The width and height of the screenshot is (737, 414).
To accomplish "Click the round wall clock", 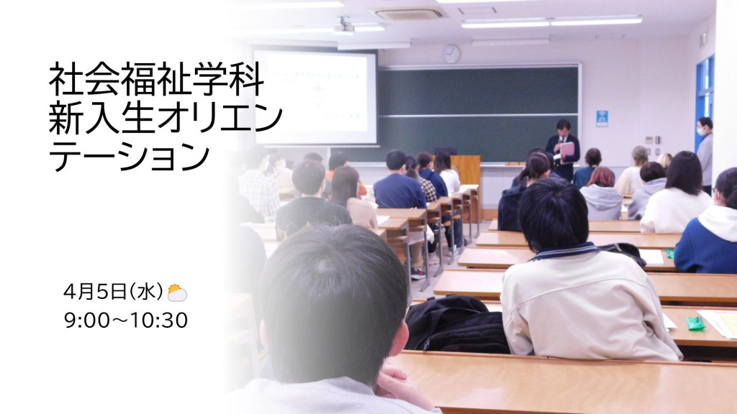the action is (451, 54).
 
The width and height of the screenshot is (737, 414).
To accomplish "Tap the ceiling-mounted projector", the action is (345, 26).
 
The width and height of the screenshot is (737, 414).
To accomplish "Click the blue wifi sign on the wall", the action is (602, 119).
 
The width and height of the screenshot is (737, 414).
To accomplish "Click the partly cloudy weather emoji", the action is (177, 293).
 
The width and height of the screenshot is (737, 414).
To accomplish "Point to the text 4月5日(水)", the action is (113, 292).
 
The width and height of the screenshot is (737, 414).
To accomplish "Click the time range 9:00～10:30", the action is (125, 320).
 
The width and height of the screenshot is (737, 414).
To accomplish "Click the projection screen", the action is (315, 97).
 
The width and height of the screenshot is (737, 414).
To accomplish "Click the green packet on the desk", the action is (695, 323).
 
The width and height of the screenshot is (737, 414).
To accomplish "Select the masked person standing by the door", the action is (705, 155).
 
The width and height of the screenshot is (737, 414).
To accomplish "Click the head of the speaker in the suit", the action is (563, 126).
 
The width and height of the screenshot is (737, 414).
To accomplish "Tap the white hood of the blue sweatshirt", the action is (718, 221).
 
